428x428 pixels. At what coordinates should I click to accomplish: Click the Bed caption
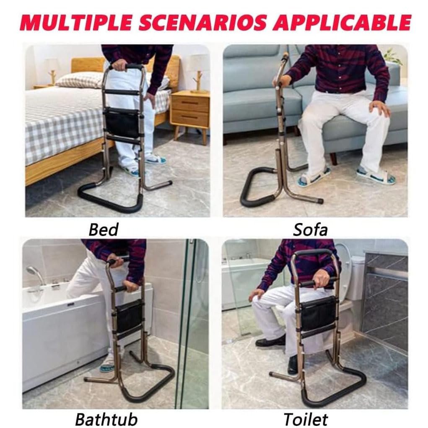coord(104,230)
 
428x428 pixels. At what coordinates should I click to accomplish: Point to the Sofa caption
coord(310,230)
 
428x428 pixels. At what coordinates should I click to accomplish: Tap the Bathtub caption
coord(106,419)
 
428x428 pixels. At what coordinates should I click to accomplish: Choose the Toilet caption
coord(306,419)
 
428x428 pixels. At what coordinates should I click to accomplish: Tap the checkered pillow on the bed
coord(79,80)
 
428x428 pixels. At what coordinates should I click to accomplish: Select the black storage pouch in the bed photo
coord(122,122)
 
